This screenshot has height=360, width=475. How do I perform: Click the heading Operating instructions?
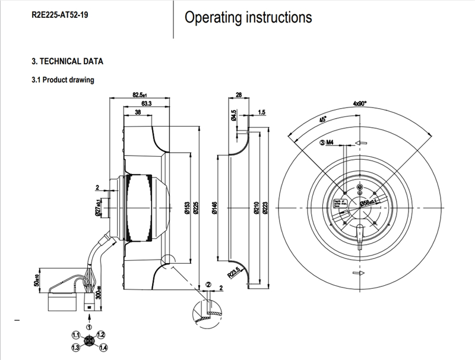pos(248,18)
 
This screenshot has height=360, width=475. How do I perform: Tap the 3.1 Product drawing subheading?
pos(62,80)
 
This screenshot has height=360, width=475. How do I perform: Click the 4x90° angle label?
pos(360,103)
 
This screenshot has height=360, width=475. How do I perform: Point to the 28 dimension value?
pos(239,94)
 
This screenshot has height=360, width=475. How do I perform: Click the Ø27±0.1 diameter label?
pos(96,209)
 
